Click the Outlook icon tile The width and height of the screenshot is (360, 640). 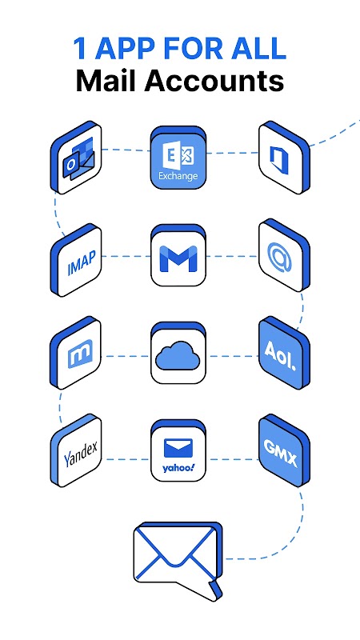click(x=76, y=157)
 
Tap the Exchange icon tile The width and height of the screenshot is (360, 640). click(x=178, y=157)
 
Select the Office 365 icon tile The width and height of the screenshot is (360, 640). click(x=284, y=157)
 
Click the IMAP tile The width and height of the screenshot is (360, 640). click(x=76, y=259)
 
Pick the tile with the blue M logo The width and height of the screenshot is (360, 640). click(x=178, y=255)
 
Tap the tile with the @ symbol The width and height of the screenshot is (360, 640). click(x=284, y=255)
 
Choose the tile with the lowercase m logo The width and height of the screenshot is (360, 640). click(x=76, y=353)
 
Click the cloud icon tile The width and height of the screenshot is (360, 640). click(x=178, y=353)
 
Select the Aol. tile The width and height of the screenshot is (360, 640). click(x=284, y=353)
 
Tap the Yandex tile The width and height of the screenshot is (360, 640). click(x=76, y=450)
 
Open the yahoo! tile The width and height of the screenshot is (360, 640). click(x=178, y=450)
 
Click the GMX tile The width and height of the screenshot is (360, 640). click(x=284, y=450)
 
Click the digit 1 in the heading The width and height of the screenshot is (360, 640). click(x=80, y=48)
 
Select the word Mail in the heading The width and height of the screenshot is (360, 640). click(x=106, y=81)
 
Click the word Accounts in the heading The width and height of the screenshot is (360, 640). click(x=214, y=81)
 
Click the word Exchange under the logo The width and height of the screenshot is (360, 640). click(x=178, y=176)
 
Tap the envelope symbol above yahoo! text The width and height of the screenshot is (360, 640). click(x=178, y=448)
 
